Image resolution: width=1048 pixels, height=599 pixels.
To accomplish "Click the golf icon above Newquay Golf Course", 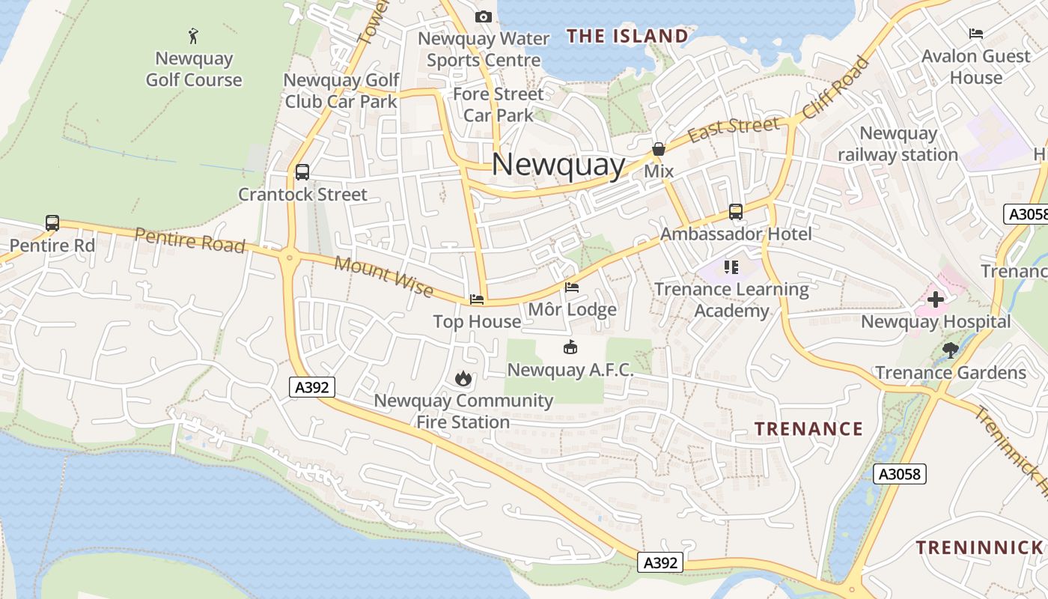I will [x=194, y=35].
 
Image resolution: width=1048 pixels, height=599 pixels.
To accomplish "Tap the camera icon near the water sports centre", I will [x=484, y=16].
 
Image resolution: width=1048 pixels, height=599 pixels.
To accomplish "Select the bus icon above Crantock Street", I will [x=302, y=172].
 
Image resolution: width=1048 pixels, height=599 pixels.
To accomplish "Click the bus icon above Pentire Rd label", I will [x=52, y=222].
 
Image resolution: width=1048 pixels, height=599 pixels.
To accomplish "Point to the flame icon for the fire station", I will [x=463, y=378].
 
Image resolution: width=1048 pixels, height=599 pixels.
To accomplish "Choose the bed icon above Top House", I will [x=477, y=299].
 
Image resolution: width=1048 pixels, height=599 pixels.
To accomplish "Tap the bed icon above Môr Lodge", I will [x=572, y=288].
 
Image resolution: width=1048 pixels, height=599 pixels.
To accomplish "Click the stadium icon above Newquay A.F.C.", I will [x=570, y=347].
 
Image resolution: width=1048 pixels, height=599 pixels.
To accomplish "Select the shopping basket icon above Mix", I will [x=659, y=150].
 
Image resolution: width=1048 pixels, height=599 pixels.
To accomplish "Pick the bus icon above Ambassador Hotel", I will [x=736, y=212].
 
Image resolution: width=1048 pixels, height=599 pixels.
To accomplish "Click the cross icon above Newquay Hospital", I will [x=935, y=300].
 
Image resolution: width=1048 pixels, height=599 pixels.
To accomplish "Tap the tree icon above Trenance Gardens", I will [x=951, y=350].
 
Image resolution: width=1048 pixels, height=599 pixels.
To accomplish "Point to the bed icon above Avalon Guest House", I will [x=975, y=34].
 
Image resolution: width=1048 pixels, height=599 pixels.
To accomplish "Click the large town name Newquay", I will [x=558, y=165].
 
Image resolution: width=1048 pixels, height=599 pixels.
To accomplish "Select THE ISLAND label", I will [x=627, y=36].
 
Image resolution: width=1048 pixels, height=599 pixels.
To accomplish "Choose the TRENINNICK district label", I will [x=979, y=547].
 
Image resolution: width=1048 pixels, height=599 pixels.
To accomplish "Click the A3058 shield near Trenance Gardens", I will [x=900, y=474].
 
